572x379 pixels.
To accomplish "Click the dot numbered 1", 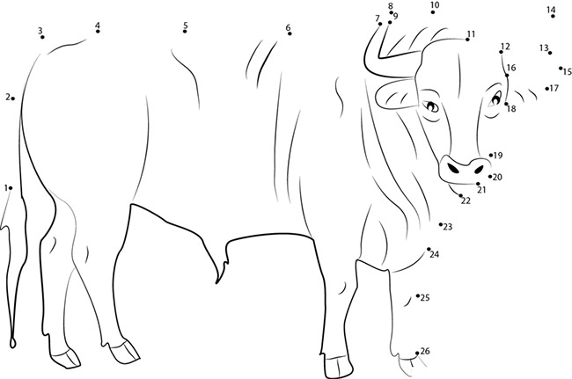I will [x=11, y=187].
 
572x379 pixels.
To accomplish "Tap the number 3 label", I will [x=40, y=31].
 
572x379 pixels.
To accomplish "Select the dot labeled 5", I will [x=185, y=32].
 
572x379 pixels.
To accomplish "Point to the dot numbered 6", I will [x=289, y=35].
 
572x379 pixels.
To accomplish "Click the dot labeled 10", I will [x=433, y=13].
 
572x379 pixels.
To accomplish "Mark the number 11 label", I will [x=471, y=34].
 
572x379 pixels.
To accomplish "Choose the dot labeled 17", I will [x=547, y=88].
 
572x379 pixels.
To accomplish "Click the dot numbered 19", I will [x=490, y=156].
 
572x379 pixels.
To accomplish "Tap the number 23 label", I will [x=447, y=227].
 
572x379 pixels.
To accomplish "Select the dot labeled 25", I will [x=418, y=296].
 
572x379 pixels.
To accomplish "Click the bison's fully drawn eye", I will [x=431, y=106].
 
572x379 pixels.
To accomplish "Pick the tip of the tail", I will [x=13, y=341].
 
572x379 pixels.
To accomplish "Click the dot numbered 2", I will [x=13, y=98].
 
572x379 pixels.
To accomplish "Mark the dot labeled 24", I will [x=429, y=249].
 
